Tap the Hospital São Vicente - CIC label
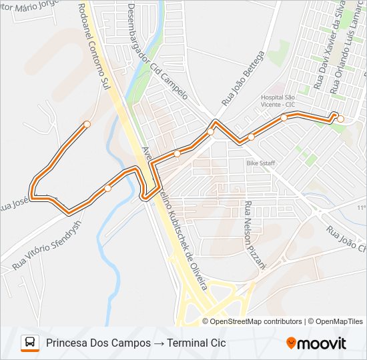click(278, 101)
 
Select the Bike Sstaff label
click(261, 163)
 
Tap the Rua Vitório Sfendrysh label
click(45, 245)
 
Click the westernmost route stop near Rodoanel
click(87, 124)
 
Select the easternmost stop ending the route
click(340, 119)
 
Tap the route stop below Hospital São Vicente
click(284, 117)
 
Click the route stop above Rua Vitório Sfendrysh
click(108, 188)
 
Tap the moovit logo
click(316, 343)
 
